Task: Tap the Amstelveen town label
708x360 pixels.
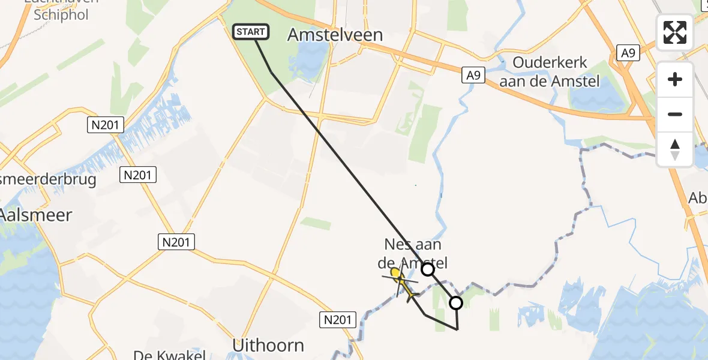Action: click(x=335, y=35)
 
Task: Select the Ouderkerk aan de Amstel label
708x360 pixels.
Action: click(x=549, y=72)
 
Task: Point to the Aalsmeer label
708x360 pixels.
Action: click(x=36, y=215)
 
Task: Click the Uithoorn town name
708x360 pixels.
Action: click(x=268, y=346)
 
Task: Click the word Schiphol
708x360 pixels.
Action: click(x=61, y=15)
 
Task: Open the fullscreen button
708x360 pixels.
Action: click(x=675, y=32)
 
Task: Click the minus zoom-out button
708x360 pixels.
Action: click(x=675, y=114)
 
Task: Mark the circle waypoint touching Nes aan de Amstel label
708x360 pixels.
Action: click(x=428, y=269)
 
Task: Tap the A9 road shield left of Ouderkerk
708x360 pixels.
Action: click(x=473, y=75)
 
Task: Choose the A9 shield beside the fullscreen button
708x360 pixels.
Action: click(x=628, y=53)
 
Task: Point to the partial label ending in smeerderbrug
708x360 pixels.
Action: click(x=48, y=180)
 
